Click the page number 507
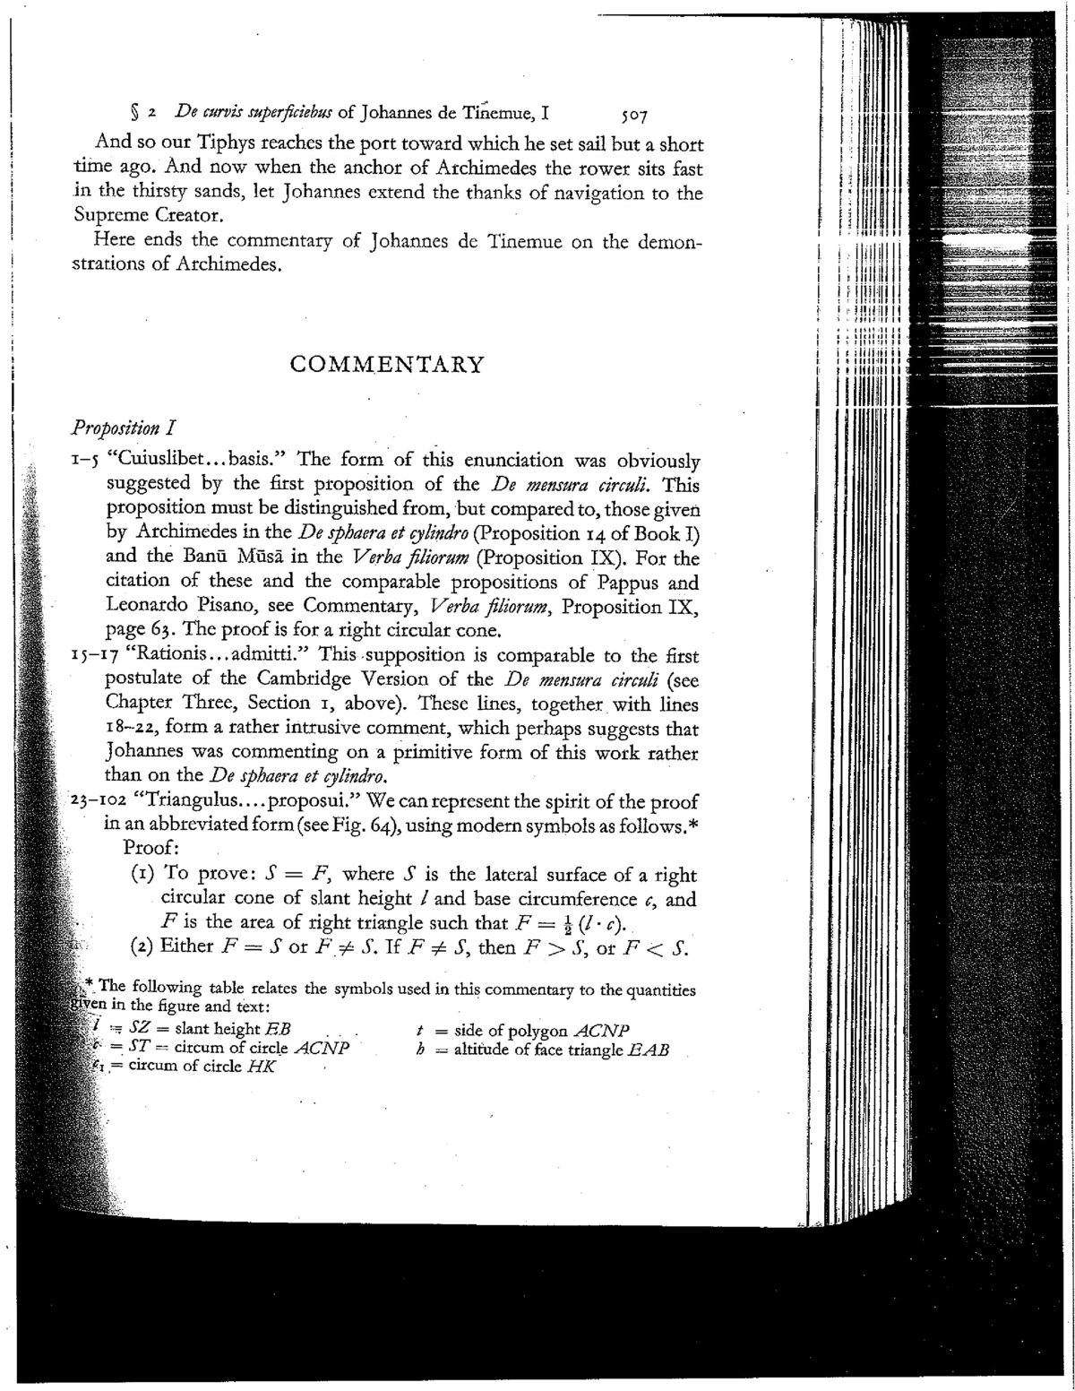[632, 116]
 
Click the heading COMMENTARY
[388, 365]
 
